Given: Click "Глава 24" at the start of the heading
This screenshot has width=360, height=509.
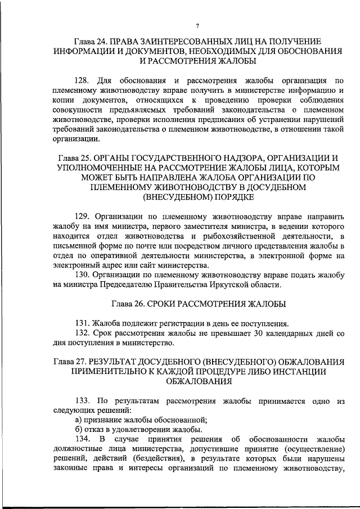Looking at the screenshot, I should pos(91,42).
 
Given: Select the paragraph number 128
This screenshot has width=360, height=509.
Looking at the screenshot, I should pos(82,80).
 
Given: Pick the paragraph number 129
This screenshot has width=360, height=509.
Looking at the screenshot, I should pos(82,215).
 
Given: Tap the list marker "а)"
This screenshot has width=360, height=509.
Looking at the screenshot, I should pos(79,420).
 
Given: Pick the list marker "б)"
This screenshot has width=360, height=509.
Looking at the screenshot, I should pos(79,430).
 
